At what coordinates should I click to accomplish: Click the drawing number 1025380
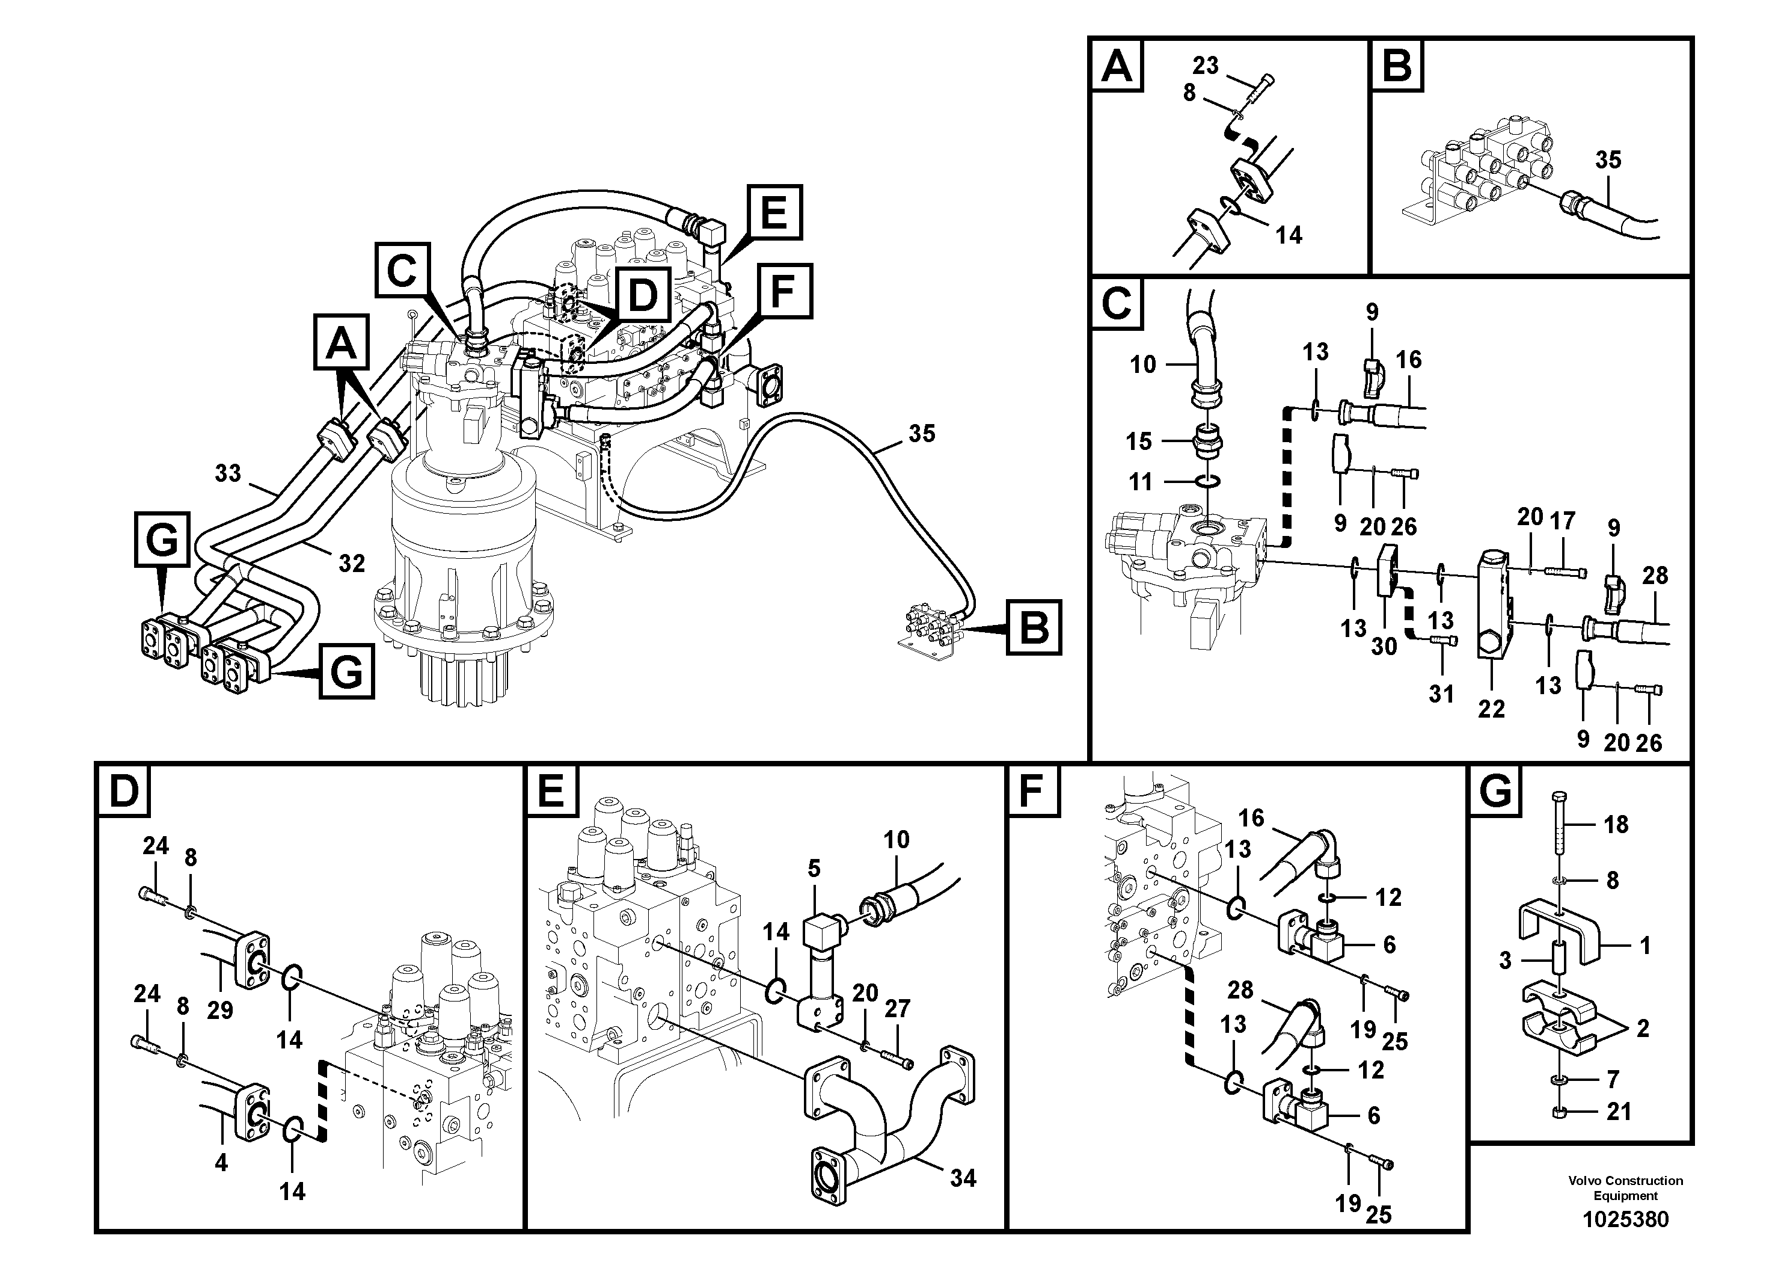pos(1625,1219)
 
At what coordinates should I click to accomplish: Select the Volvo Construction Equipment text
pos(1625,1188)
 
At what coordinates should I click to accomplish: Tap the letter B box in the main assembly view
pos(1034,626)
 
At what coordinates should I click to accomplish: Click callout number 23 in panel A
pos(1206,66)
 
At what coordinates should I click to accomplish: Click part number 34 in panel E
pos(963,1178)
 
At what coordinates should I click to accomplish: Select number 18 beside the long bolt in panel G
pos(1616,824)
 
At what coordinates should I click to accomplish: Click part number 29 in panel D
pos(220,1010)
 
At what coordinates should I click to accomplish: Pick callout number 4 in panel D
pos(221,1162)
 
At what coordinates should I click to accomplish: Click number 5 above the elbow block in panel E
pos(814,868)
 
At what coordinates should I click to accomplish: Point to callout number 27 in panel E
pos(897,1008)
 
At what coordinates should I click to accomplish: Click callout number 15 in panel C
pos(1138,442)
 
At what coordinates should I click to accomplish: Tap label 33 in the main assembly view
pos(228,473)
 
